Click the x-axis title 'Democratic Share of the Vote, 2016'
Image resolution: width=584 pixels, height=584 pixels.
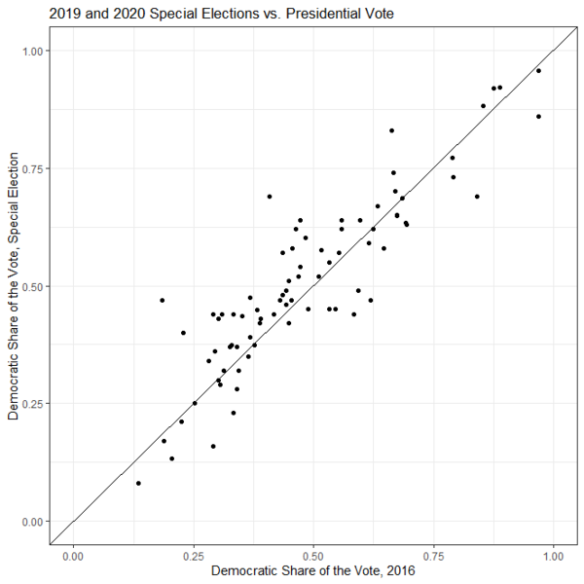[x=312, y=570]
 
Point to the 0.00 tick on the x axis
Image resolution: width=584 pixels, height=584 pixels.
[x=72, y=555]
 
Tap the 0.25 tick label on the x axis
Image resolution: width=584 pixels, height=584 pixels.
[x=193, y=555]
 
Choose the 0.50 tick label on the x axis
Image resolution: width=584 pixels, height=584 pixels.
[x=312, y=555]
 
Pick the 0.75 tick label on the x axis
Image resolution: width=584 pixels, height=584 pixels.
[x=433, y=555]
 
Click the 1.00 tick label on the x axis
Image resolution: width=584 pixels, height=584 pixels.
[x=554, y=555]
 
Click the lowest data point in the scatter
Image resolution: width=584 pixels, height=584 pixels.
[x=138, y=483]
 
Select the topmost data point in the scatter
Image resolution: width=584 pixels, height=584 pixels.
[x=538, y=70]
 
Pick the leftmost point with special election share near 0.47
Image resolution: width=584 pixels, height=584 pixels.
[x=163, y=300]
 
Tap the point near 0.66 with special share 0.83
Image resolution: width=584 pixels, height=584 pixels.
[x=391, y=130]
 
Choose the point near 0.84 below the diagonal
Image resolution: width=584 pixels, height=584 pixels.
[x=477, y=197]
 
